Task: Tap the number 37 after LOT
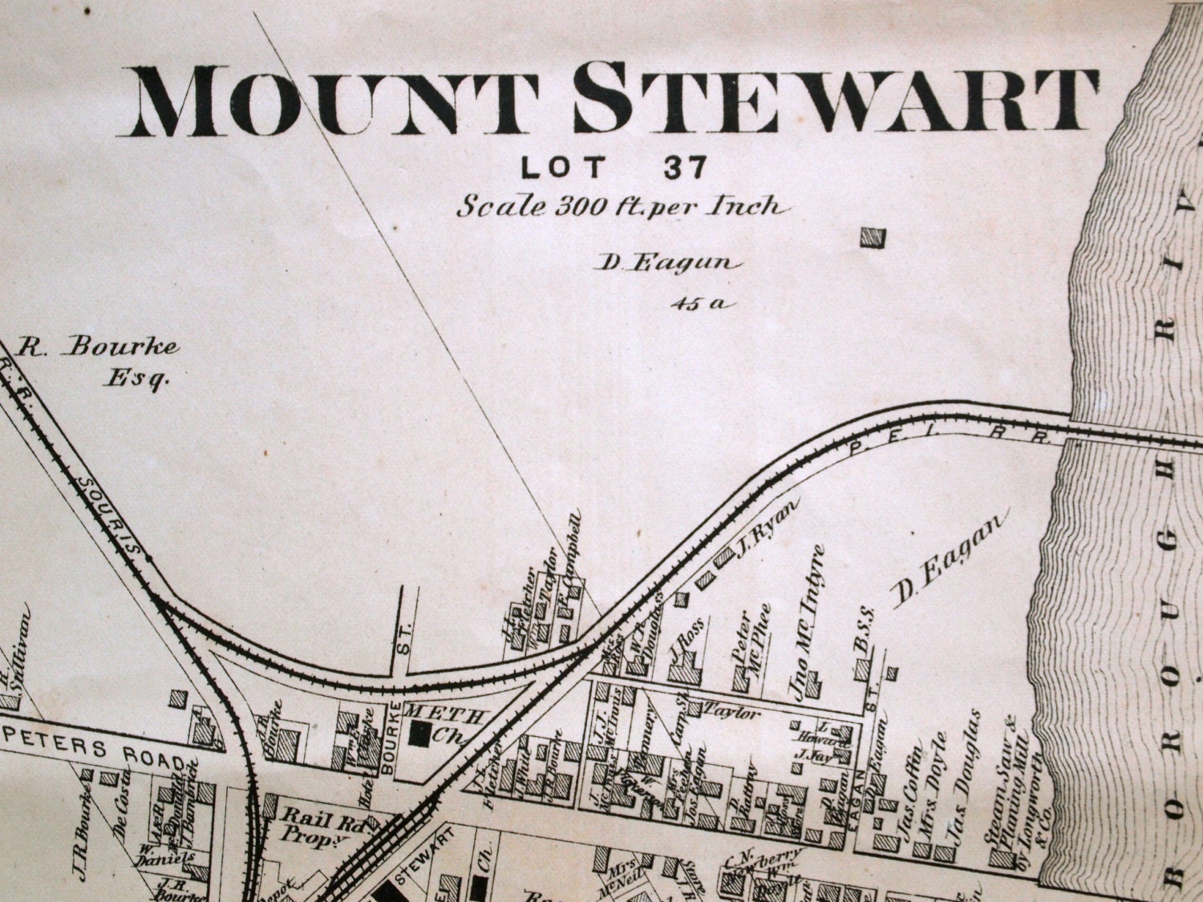[x=685, y=167]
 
